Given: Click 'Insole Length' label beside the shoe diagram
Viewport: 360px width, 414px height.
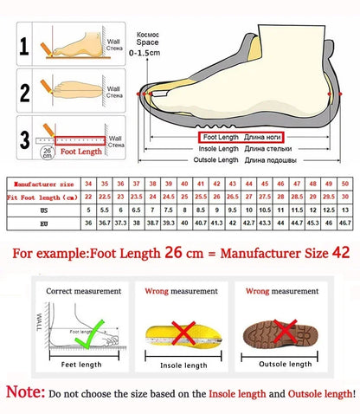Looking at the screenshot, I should pyautogui.click(x=217, y=148).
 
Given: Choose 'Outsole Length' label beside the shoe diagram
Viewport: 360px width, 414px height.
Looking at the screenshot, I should pyautogui.click(x=215, y=160).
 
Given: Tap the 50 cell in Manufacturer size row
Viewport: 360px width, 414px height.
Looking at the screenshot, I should pyautogui.click(x=345, y=184).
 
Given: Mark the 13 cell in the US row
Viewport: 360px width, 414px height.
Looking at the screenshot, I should pyautogui.click(x=345, y=210).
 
